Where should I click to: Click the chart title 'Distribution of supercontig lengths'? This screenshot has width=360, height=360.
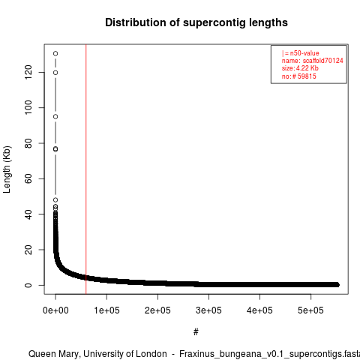(x=196, y=22)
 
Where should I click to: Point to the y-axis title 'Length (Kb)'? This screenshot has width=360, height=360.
(x=7, y=169)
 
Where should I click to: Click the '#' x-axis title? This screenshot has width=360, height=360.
(x=196, y=332)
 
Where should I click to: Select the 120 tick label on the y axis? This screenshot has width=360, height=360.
(x=28, y=72)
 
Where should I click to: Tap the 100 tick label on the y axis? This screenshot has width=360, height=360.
(x=28, y=107)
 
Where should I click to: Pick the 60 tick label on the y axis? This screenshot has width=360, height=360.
(x=28, y=178)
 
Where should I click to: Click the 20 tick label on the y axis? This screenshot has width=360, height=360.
(x=28, y=250)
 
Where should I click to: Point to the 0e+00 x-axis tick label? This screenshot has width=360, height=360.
(x=55, y=310)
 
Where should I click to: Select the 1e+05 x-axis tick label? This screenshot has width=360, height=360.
(x=106, y=310)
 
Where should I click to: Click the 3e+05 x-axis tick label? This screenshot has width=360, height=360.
(x=208, y=310)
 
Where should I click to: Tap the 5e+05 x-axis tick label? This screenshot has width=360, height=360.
(x=310, y=310)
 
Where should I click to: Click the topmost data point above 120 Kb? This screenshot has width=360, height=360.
(x=55, y=53)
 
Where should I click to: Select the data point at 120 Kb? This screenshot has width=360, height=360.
(x=55, y=73)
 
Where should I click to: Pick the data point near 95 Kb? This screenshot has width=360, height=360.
(x=55, y=117)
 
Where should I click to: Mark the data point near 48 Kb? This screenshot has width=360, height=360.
(x=55, y=200)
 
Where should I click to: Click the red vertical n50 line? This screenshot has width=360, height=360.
(x=86, y=169)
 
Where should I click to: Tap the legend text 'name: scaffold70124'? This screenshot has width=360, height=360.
(x=313, y=61)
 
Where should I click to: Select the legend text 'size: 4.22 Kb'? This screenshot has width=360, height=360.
(x=300, y=68)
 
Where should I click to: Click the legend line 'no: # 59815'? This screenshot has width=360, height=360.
(x=299, y=76)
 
